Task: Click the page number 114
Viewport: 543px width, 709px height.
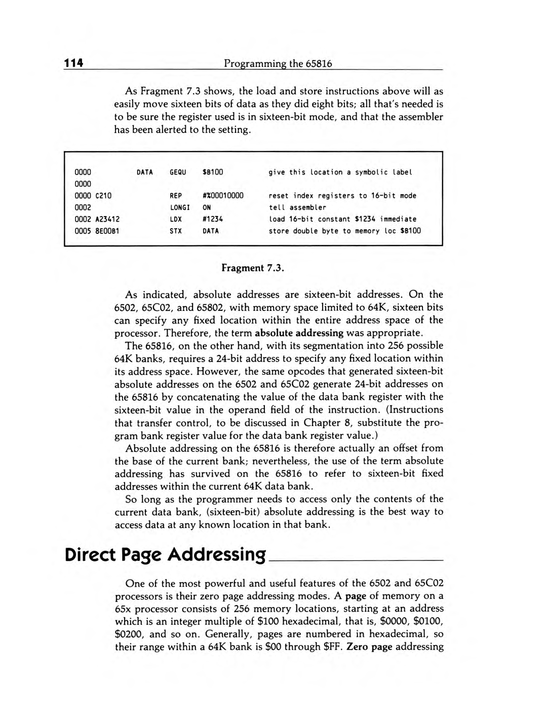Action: pyautogui.click(x=73, y=63)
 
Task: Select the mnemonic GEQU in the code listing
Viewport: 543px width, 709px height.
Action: pyautogui.click(x=178, y=172)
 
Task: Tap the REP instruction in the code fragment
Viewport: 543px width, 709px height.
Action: pyautogui.click(x=176, y=196)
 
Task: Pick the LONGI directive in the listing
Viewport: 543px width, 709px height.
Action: pyautogui.click(x=180, y=207)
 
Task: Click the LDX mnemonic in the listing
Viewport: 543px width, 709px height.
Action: pyautogui.click(x=176, y=219)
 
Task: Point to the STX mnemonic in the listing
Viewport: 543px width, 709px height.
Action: pyautogui.click(x=176, y=231)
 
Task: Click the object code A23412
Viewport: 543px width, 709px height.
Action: pyautogui.click(x=107, y=219)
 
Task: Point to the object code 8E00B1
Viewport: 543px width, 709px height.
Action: pyautogui.click(x=107, y=231)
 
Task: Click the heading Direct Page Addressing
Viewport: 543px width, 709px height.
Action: pyautogui.click(x=165, y=554)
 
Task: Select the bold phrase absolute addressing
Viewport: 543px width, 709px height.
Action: pyautogui.click(x=299, y=333)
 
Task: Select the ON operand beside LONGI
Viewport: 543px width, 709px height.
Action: pyautogui.click(x=207, y=207)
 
